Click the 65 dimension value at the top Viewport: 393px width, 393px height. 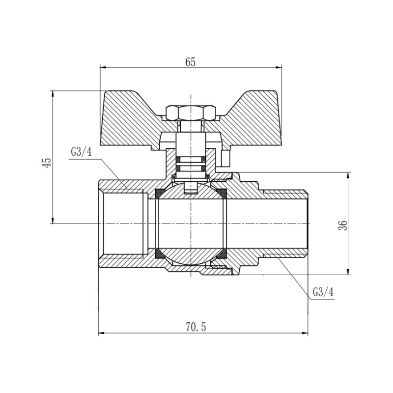pos(191,62)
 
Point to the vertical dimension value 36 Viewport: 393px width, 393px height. pos(343,225)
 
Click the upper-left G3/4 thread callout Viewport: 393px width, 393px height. pos(81,152)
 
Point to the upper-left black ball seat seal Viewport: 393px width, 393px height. pos(160,194)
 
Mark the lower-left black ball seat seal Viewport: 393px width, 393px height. pos(160,254)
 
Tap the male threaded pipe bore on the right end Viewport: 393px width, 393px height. pos(285,224)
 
